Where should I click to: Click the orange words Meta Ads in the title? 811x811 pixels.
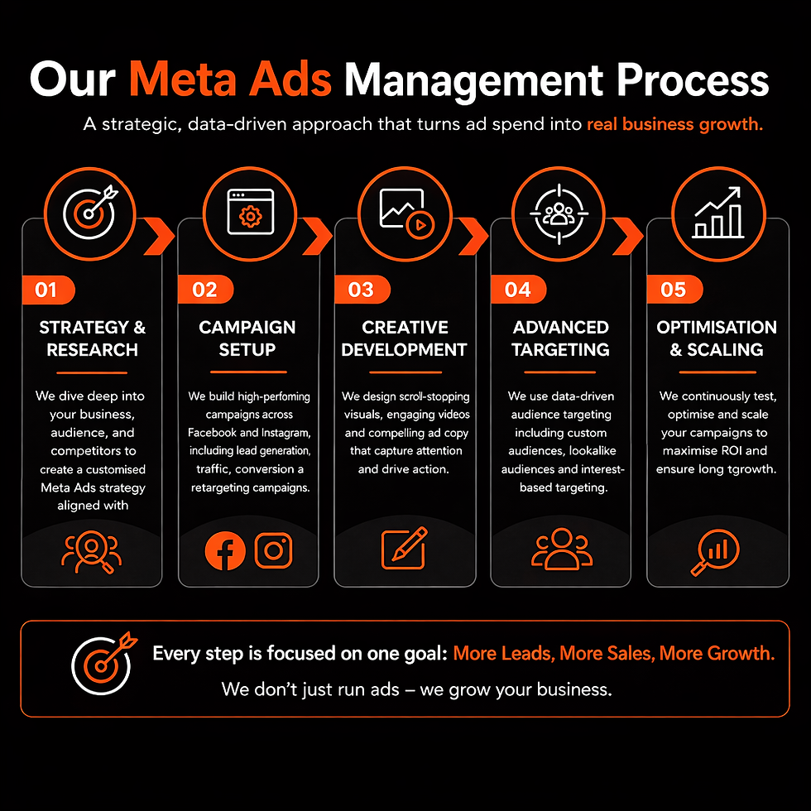[230, 79]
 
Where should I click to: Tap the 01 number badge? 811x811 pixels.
[48, 290]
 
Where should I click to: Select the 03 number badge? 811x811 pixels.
[362, 289]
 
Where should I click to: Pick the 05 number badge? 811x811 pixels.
[674, 289]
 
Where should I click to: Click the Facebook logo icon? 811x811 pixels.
[225, 550]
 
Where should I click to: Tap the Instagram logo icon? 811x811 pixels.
[274, 550]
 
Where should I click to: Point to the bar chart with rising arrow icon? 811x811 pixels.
[718, 213]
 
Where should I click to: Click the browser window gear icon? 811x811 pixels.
[250, 212]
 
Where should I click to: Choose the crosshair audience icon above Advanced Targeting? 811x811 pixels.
[559, 214]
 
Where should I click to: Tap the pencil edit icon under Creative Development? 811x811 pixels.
[405, 548]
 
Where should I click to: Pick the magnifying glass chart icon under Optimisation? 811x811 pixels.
[716, 551]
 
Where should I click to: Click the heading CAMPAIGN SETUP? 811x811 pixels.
[247, 338]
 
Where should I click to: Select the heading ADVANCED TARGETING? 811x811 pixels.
[561, 338]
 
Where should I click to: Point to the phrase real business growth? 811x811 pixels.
[674, 124]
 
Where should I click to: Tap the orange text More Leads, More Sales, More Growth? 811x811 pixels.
[614, 653]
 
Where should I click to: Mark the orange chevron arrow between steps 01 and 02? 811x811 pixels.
[159, 237]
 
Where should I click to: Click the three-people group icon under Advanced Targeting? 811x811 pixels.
[562, 549]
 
